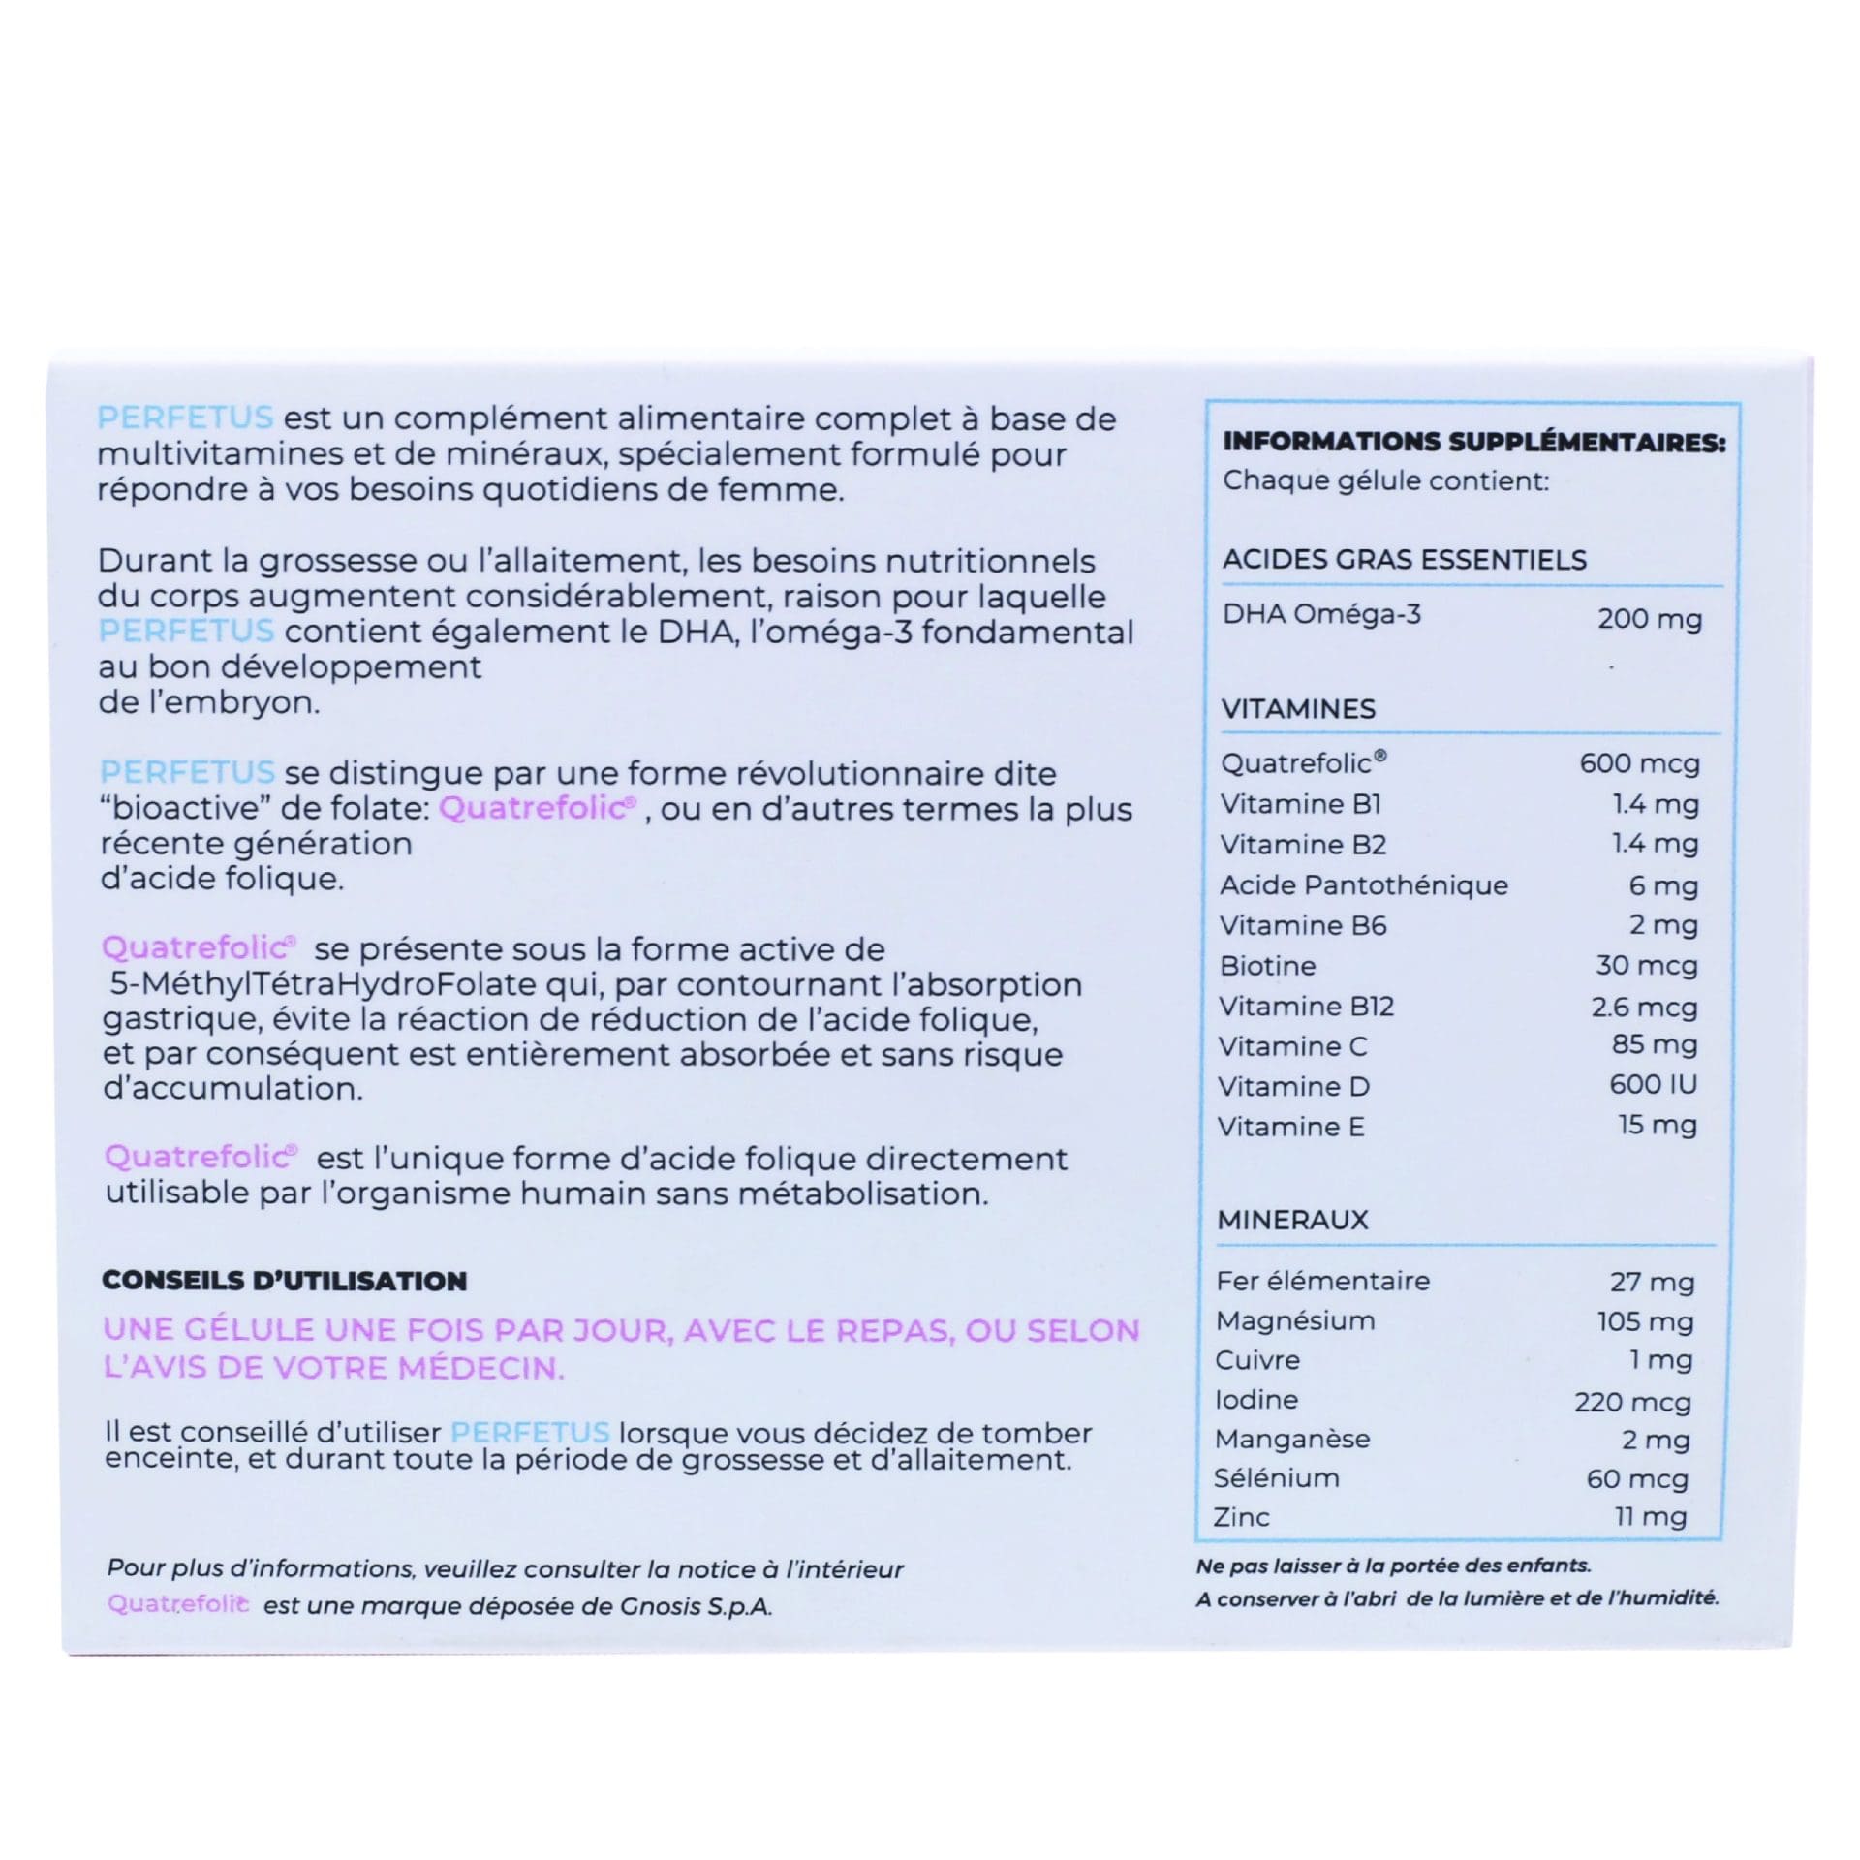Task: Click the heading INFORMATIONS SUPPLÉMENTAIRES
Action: coord(1473,442)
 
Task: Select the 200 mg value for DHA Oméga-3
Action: coord(1649,618)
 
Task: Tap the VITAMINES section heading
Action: coord(1298,708)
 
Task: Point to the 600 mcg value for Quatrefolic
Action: coord(1639,763)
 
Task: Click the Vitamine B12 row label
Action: coord(1306,1007)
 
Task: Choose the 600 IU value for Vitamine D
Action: coord(1653,1084)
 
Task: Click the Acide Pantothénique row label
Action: coord(1363,884)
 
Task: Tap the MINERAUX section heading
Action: coord(1292,1220)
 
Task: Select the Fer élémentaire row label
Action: coord(1322,1281)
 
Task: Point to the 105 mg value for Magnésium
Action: coord(1645,1321)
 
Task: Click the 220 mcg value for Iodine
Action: coord(1632,1402)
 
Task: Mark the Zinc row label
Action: coord(1241,1517)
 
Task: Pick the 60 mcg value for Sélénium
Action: coord(1637,1478)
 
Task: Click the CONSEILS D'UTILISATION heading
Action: coord(284,1281)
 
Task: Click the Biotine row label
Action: coord(1267,966)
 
